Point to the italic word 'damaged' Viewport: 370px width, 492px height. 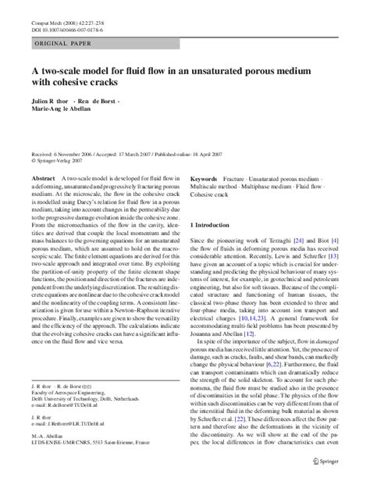pyautogui.click(x=339, y=344)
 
